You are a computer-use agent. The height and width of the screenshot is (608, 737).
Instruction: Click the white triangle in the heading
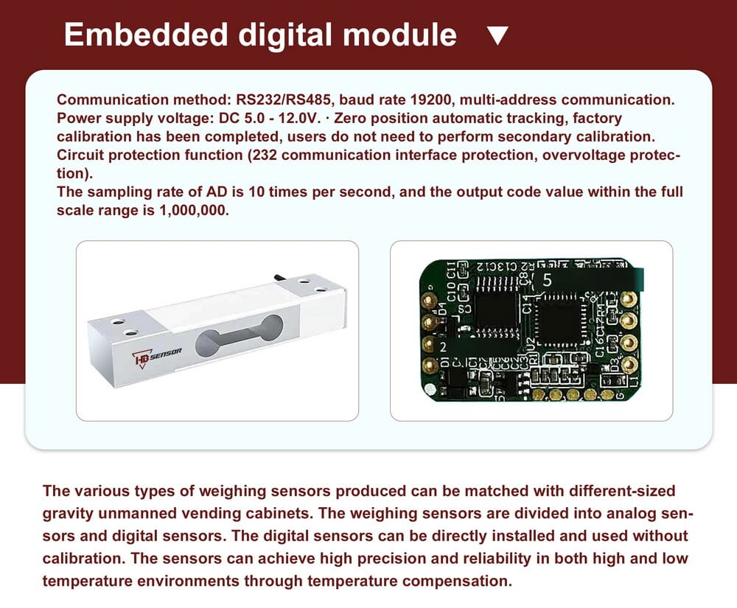[x=499, y=35]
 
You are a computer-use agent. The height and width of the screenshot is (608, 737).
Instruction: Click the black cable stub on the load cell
[x=279, y=276]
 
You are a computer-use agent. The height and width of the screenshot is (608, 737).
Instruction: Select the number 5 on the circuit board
[x=547, y=280]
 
